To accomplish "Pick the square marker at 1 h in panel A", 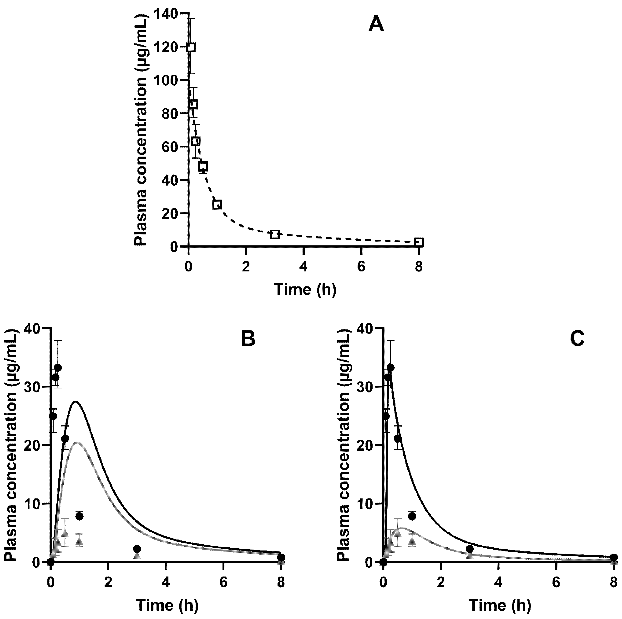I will pyautogui.click(x=217, y=204).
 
